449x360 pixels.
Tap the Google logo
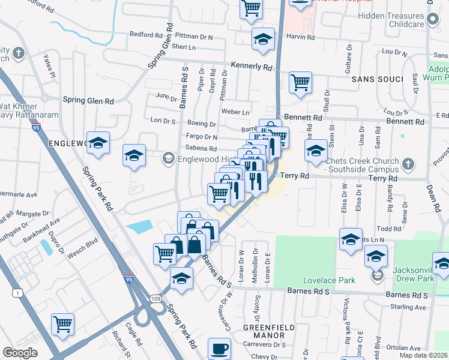click(x=20, y=352)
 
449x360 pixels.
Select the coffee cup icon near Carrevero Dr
click(x=219, y=348)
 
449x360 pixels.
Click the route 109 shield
click(x=157, y=307)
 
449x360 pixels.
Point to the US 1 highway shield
click(x=4, y=292)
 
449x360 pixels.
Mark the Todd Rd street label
click(x=389, y=229)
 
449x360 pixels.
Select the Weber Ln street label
click(x=235, y=112)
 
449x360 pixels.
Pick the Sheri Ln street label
click(x=184, y=47)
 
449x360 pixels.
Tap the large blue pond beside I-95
click(x=139, y=227)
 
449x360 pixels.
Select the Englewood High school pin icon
click(x=168, y=158)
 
